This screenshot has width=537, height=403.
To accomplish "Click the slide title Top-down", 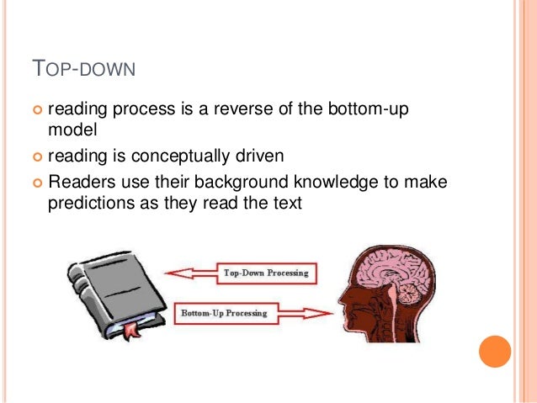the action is pyautogui.click(x=82, y=66).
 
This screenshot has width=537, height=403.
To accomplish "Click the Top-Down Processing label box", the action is pyautogui.click(x=264, y=273).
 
